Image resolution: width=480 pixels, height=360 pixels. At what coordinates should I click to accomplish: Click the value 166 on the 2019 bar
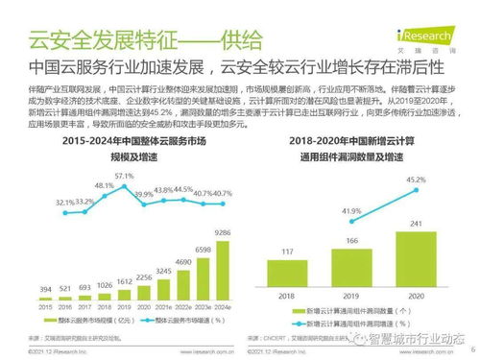tap(350, 241)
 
